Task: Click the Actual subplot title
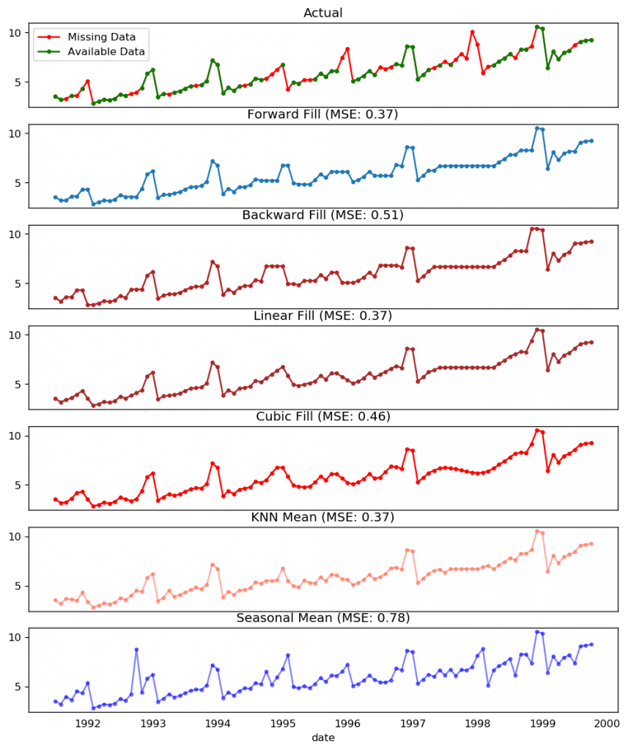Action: tap(323, 12)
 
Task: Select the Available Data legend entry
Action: tap(106, 51)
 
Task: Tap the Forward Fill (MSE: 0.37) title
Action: tap(323, 114)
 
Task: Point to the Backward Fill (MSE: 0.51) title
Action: tap(323, 215)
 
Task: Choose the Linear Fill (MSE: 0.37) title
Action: tap(323, 316)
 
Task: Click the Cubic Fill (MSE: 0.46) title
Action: tap(323, 417)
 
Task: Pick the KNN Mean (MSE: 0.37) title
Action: tap(323, 517)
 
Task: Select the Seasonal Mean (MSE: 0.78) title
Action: tap(323, 618)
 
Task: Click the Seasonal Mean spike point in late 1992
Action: tap(136, 650)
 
